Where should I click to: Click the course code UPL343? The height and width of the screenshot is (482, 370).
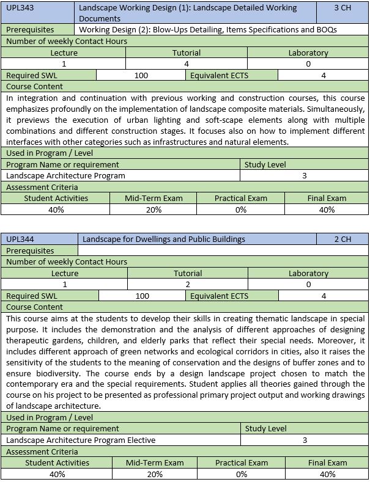(x=20, y=8)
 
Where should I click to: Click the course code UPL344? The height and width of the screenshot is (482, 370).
(x=20, y=239)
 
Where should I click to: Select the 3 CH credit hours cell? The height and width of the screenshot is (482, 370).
(x=342, y=8)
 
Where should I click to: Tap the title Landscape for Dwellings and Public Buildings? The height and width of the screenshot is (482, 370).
(x=163, y=239)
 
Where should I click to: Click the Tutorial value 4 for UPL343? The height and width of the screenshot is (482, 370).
(x=187, y=64)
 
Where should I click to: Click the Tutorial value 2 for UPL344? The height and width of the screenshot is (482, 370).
(x=187, y=284)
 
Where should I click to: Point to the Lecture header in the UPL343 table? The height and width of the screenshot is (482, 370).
(x=64, y=53)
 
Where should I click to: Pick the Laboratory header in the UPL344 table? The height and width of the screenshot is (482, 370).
(x=308, y=273)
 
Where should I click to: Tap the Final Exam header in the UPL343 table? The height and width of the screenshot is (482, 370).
(x=327, y=198)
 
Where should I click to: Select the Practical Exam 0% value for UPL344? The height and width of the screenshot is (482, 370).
(x=241, y=474)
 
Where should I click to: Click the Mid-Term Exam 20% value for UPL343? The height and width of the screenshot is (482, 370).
(x=154, y=210)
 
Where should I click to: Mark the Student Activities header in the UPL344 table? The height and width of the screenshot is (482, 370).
(x=56, y=462)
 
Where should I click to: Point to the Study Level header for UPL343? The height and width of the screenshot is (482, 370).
(x=265, y=164)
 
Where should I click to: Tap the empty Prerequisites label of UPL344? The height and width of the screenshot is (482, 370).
(x=30, y=250)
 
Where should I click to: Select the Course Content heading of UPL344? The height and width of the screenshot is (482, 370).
(x=34, y=307)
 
